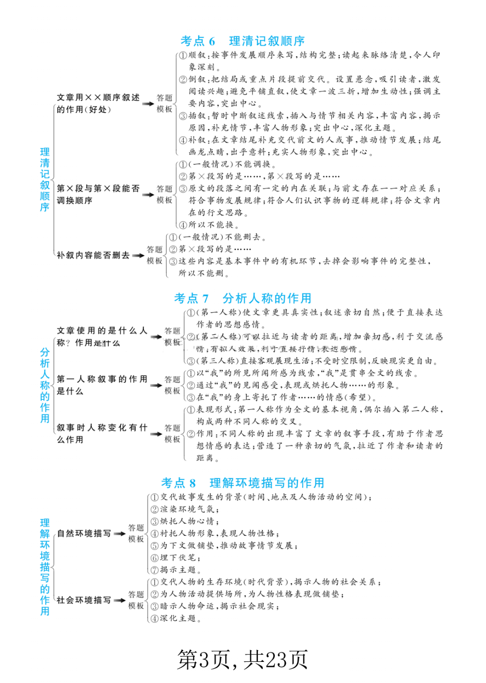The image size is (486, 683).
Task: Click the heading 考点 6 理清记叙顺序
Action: pos(243,41)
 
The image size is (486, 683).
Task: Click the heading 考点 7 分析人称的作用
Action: pos(243,298)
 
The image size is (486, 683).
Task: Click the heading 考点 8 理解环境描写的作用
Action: pos(243,483)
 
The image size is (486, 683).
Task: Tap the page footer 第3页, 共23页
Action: pos(242,660)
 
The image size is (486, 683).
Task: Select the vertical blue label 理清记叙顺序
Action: pos(45,179)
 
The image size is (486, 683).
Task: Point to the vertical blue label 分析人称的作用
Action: pos(45,385)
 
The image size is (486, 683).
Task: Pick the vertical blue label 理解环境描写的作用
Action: pos(45,567)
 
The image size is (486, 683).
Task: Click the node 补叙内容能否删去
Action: pos(93,255)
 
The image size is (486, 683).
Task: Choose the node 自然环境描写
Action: pos(84,534)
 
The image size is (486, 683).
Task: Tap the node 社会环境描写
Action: pos(84,600)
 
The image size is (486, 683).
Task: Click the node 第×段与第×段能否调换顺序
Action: pos(98,194)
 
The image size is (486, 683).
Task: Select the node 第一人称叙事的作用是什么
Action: pos(102,385)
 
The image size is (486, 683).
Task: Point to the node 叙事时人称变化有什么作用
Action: pos(102,433)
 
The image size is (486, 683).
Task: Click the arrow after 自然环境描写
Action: pos(120,534)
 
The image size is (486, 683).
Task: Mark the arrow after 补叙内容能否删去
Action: pos(139,255)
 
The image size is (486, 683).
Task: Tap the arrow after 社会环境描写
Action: pos(120,600)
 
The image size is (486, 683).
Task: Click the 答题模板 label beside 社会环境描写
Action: pos(136,600)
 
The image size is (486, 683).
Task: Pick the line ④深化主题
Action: pos(176,619)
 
